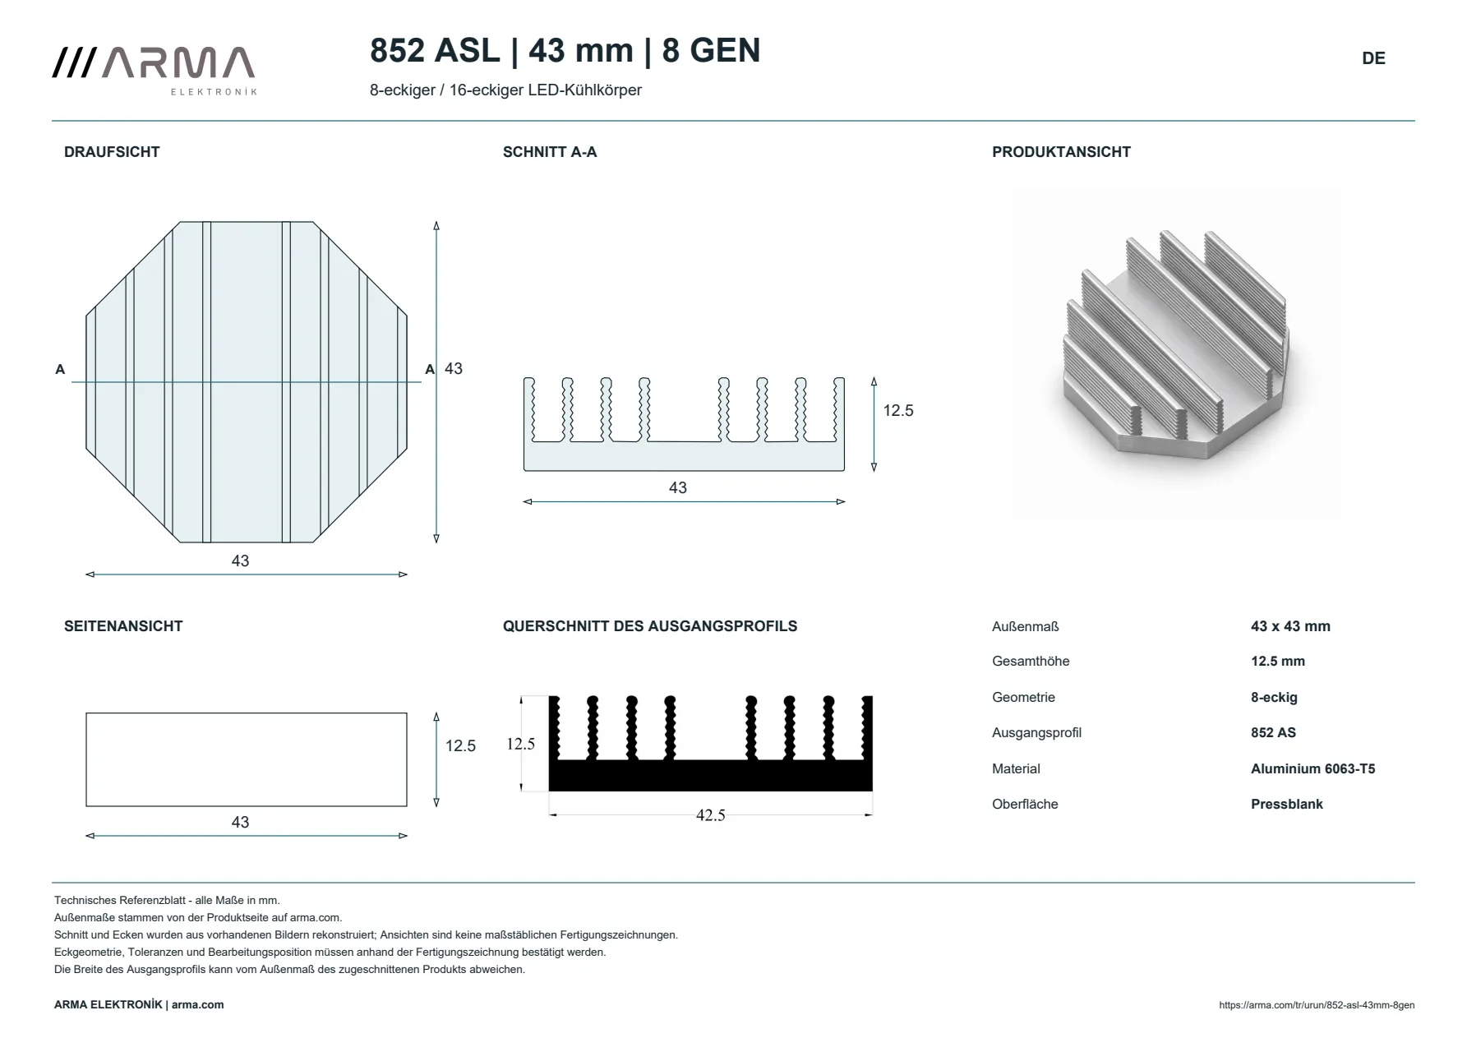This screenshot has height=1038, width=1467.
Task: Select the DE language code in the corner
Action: click(x=1373, y=58)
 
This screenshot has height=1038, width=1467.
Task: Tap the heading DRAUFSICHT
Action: click(x=112, y=152)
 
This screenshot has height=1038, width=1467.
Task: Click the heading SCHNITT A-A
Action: click(x=550, y=152)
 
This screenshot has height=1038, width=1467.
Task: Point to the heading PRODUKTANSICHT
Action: click(x=1061, y=152)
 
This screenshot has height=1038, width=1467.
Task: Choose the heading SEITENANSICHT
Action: click(x=123, y=626)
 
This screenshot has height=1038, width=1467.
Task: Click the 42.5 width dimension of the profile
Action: click(x=711, y=815)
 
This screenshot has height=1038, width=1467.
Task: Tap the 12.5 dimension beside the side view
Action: click(x=460, y=746)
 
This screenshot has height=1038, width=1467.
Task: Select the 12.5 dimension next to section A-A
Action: click(x=898, y=411)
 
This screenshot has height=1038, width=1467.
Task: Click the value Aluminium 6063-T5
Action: click(x=1312, y=769)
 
